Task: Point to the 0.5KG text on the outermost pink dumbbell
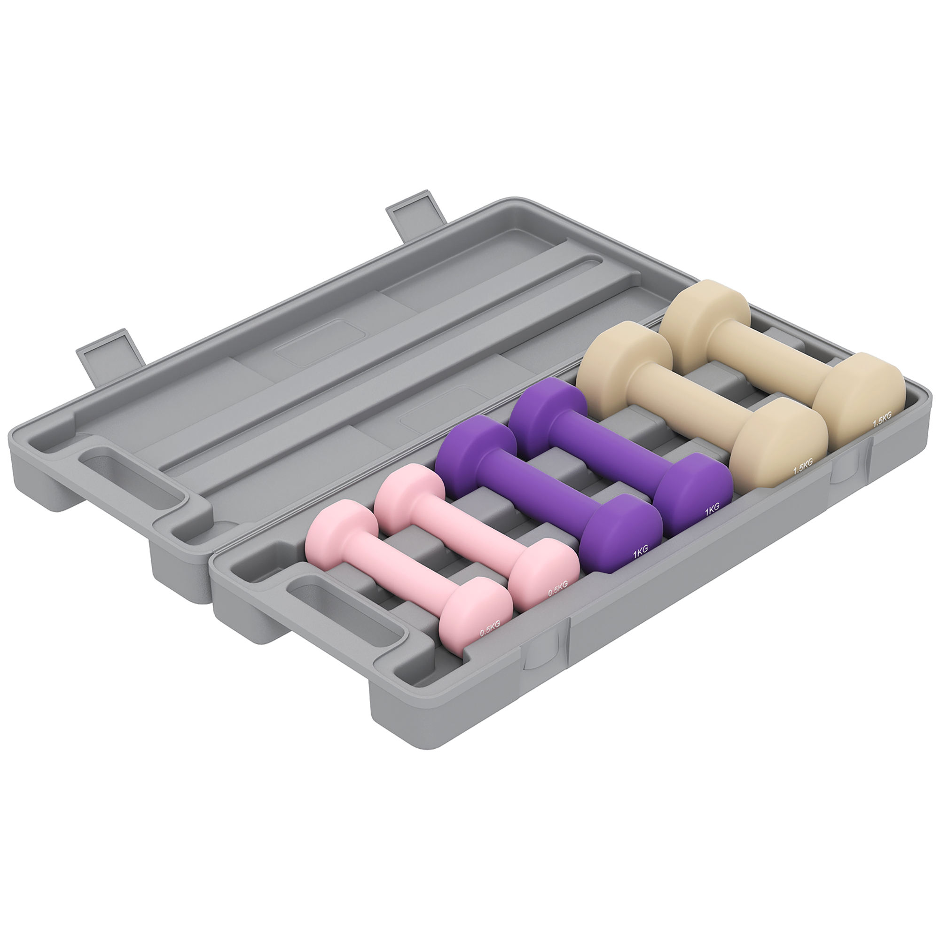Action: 489,631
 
